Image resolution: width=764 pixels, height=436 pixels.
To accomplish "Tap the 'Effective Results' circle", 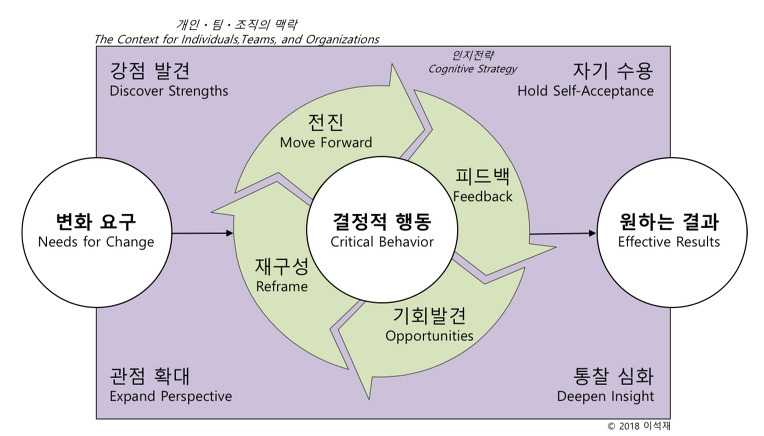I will coord(668,232).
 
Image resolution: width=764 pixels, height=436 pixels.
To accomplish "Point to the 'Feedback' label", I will coord(482,196).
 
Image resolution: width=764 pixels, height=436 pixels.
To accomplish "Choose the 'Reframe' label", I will coord(281,286).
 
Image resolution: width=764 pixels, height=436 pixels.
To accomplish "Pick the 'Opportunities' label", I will coord(429,336).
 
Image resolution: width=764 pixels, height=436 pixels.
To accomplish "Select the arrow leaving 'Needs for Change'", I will coord(203,234).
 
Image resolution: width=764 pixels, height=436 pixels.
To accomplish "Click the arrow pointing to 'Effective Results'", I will coord(562,234).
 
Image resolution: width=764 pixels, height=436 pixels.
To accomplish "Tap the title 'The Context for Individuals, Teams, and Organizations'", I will coord(236,39).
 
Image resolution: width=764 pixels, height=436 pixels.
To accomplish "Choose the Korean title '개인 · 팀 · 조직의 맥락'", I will coord(236,22).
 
